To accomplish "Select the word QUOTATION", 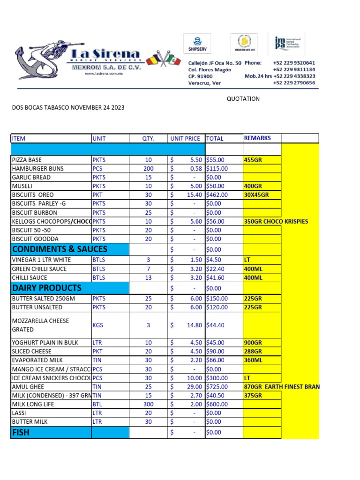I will [x=243, y=99].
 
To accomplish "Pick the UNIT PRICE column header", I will [x=185, y=138].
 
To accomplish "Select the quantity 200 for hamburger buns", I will [x=148, y=169].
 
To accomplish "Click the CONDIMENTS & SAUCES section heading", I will [x=60, y=249].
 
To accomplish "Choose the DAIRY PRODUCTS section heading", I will [x=47, y=288].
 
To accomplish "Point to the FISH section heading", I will [x=21, y=432].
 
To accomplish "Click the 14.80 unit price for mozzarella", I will [x=194, y=325].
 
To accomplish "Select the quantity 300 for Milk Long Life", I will [x=148, y=404].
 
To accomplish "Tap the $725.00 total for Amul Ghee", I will [x=217, y=387].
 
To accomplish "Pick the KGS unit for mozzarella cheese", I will [x=98, y=325].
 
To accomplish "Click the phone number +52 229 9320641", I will [x=294, y=63].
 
